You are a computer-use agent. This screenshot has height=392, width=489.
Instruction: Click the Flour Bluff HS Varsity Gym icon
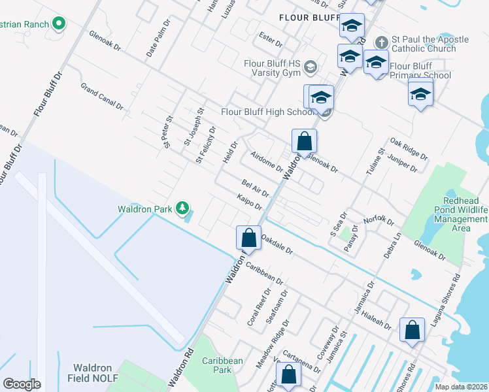click(x=311, y=66)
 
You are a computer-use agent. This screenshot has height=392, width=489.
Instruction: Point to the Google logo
click(x=22, y=384)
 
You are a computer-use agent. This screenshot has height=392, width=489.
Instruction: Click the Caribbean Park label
click(x=222, y=365)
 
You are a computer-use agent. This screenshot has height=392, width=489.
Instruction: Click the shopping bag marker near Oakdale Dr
click(x=248, y=237)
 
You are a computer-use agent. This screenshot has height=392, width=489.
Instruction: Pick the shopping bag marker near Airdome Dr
click(x=304, y=140)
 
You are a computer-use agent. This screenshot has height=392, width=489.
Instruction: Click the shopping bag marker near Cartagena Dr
click(x=288, y=375)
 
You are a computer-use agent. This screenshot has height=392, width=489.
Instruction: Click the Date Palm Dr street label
click(x=158, y=42)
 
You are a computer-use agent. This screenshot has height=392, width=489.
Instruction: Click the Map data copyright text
click(x=460, y=387)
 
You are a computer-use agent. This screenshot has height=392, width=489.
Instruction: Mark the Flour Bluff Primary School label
click(x=420, y=71)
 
